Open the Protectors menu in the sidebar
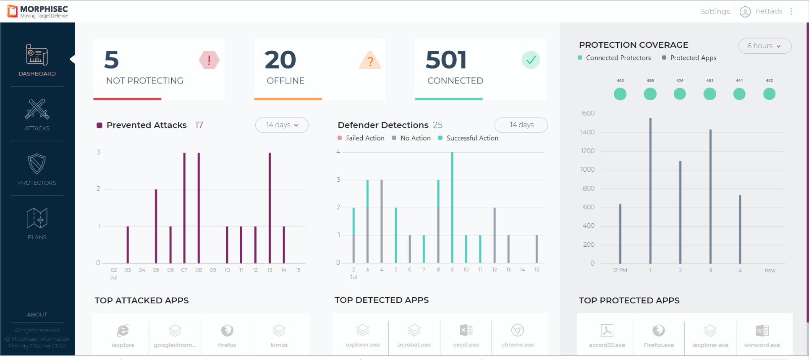click(x=37, y=169)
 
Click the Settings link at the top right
click(x=715, y=11)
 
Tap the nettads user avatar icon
click(x=745, y=12)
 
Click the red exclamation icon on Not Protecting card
click(x=209, y=60)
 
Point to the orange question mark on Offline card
click(x=370, y=60)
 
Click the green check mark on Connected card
click(x=531, y=60)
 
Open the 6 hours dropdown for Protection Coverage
click(x=764, y=46)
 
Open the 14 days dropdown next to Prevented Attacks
click(x=282, y=125)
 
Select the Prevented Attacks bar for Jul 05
click(x=156, y=226)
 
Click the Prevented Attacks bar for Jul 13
click(x=270, y=208)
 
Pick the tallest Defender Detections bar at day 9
click(x=452, y=208)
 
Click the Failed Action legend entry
click(x=361, y=138)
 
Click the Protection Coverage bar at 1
click(x=650, y=191)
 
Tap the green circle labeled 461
click(x=710, y=94)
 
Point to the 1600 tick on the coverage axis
click(x=587, y=113)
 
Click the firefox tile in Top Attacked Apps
click(x=227, y=336)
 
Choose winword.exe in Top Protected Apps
click(x=762, y=336)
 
